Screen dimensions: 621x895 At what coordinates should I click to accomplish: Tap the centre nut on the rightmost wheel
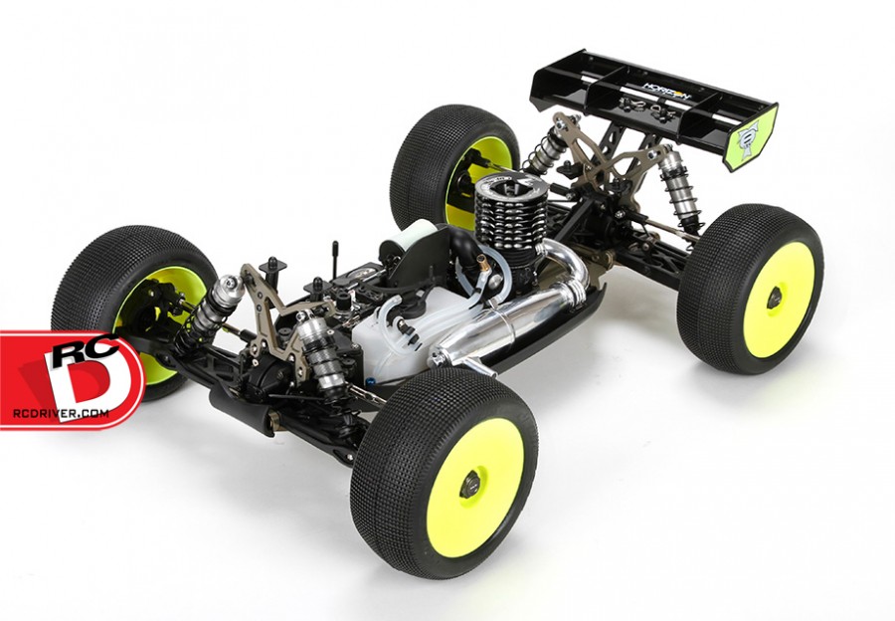774,296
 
